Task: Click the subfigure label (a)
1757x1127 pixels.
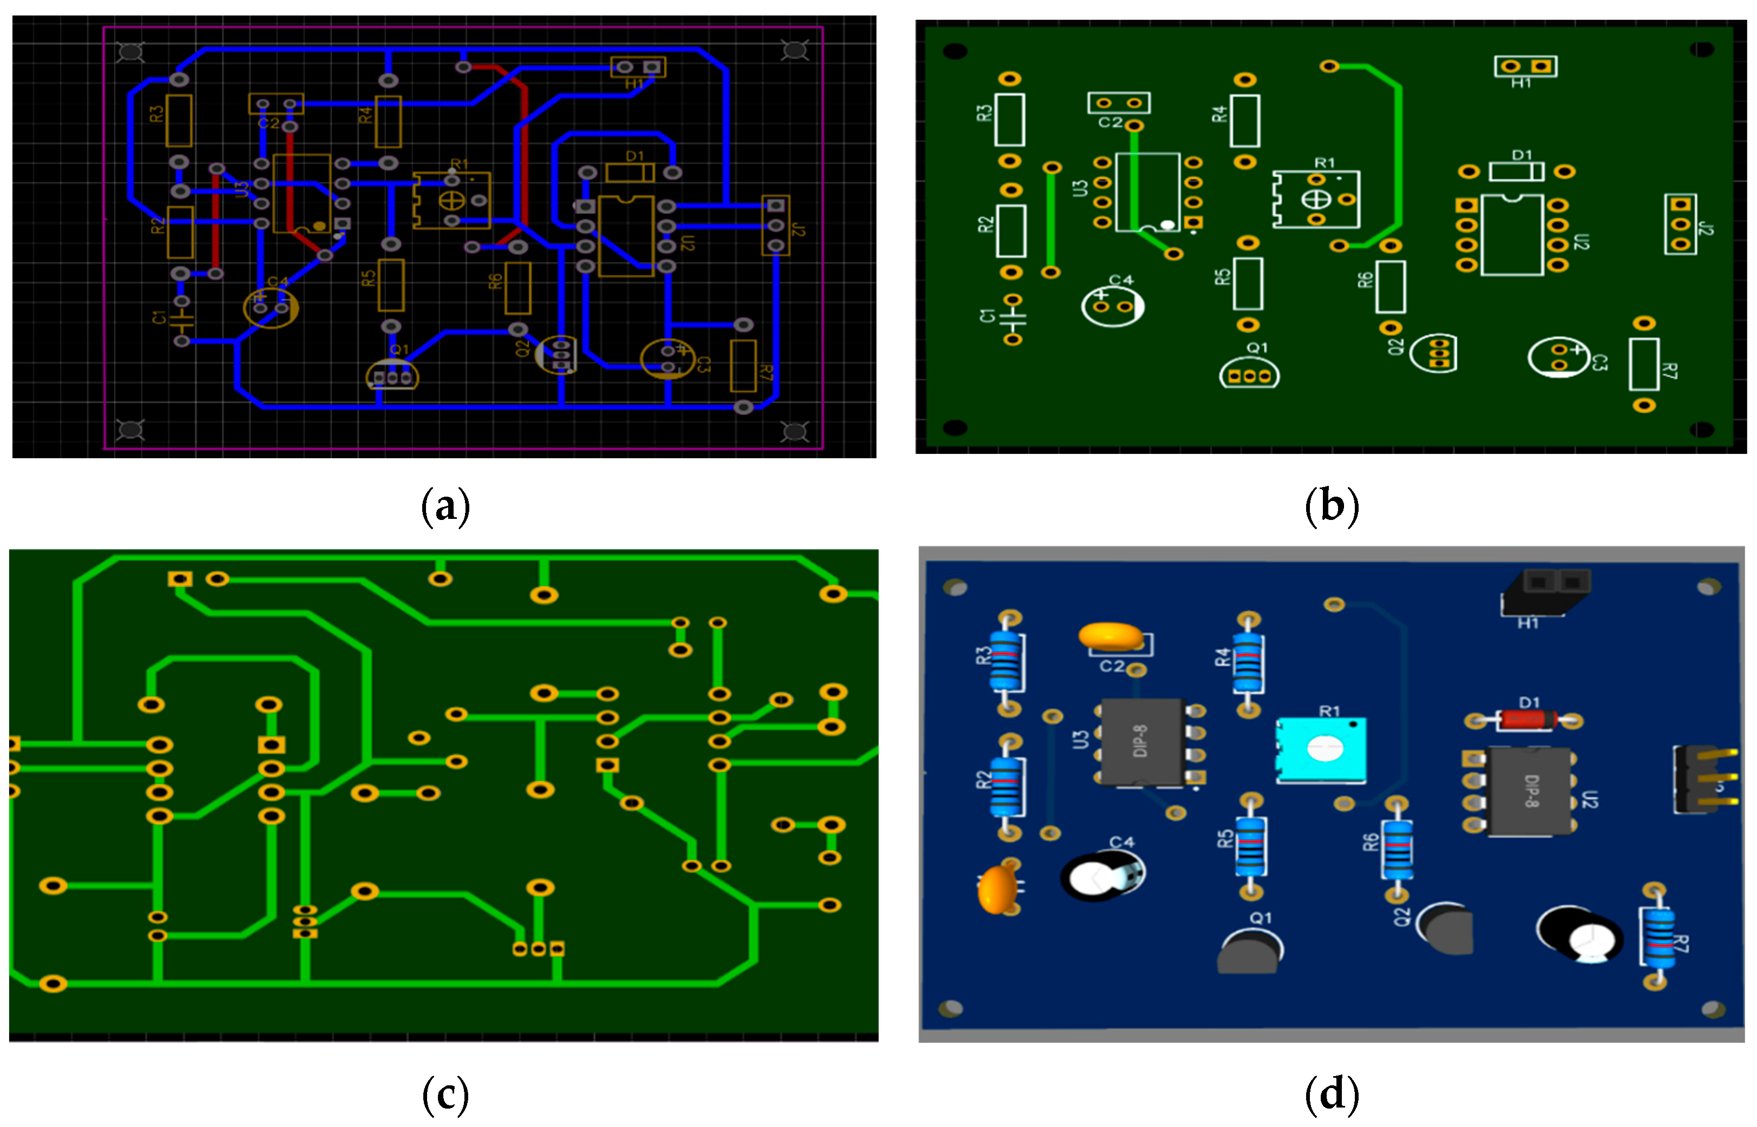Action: (x=445, y=506)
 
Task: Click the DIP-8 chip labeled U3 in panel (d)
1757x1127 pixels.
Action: (x=1143, y=741)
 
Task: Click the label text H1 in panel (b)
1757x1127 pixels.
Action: (x=1520, y=83)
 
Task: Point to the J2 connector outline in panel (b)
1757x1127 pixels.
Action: (x=1680, y=224)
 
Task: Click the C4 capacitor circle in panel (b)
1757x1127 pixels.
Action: (x=1112, y=306)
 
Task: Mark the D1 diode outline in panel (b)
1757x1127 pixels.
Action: (x=1516, y=172)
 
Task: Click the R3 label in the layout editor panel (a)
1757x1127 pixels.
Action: (x=156, y=115)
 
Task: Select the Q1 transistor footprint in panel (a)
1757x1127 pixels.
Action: (x=392, y=375)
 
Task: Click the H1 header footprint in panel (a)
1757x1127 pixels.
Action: (x=638, y=67)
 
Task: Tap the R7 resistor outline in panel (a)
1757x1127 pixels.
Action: (x=743, y=365)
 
